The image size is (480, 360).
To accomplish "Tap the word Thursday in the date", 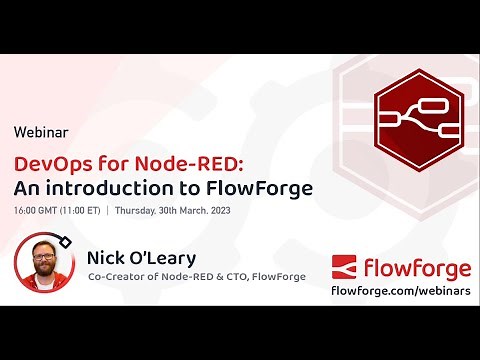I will click(137, 211).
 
